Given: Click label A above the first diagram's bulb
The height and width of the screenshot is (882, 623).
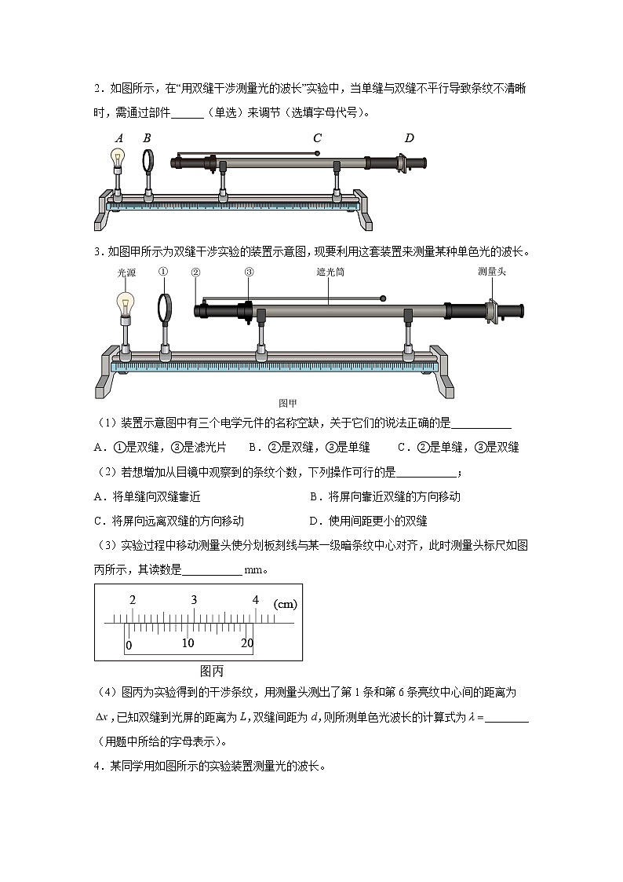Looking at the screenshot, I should point(119,137).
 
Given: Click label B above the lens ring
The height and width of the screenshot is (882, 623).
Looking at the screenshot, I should point(147,137).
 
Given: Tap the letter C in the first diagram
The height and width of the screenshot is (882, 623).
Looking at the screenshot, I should point(317,138).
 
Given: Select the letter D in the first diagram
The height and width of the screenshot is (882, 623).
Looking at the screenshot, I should point(409,138).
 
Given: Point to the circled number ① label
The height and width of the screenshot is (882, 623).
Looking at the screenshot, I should point(163,273).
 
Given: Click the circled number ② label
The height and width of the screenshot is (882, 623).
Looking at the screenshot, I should point(196,273).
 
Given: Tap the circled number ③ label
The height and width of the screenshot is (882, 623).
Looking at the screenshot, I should point(249,273).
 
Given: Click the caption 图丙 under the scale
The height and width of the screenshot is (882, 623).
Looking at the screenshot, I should point(212,671).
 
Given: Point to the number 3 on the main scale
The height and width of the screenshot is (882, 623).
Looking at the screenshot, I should point(194,600).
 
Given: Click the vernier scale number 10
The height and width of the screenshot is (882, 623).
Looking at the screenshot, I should point(188,642).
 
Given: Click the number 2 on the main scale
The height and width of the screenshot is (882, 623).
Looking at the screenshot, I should point(133,600).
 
